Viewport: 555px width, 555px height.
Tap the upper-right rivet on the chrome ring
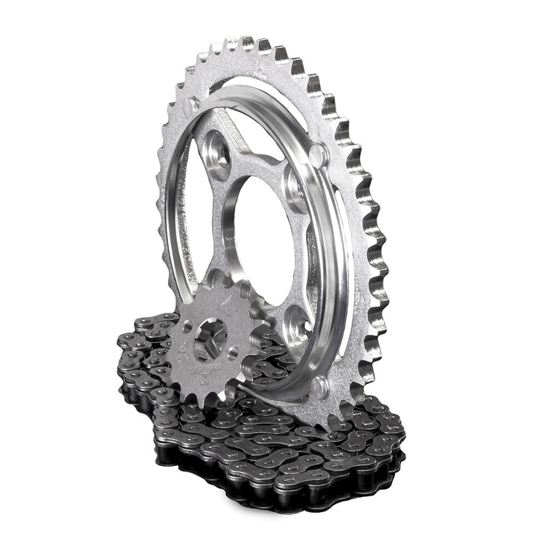319,153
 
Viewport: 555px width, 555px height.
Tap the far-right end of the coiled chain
401,438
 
